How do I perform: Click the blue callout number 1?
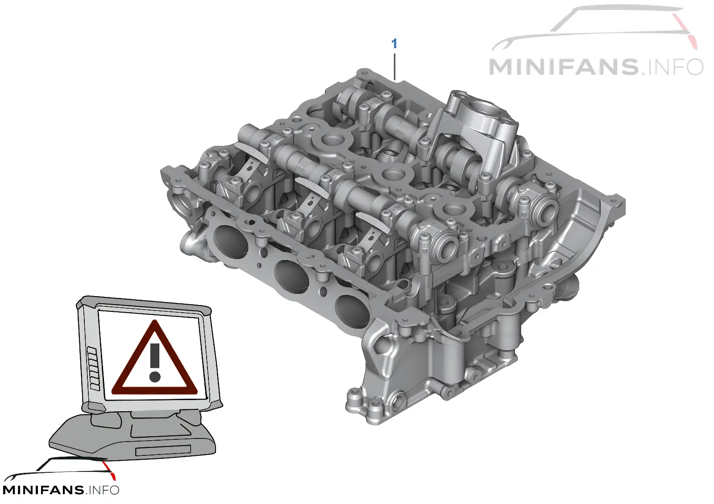pyautogui.click(x=394, y=44)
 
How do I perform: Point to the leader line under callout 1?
pyautogui.click(x=394, y=66)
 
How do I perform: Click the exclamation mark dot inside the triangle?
pyautogui.click(x=154, y=377)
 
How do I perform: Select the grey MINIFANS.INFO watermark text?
pyautogui.click(x=596, y=67)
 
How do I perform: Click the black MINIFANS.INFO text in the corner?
pyautogui.click(x=61, y=490)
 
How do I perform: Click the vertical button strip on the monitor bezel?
pyautogui.click(x=94, y=369)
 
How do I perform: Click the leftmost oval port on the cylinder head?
pyautogui.click(x=230, y=243)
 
